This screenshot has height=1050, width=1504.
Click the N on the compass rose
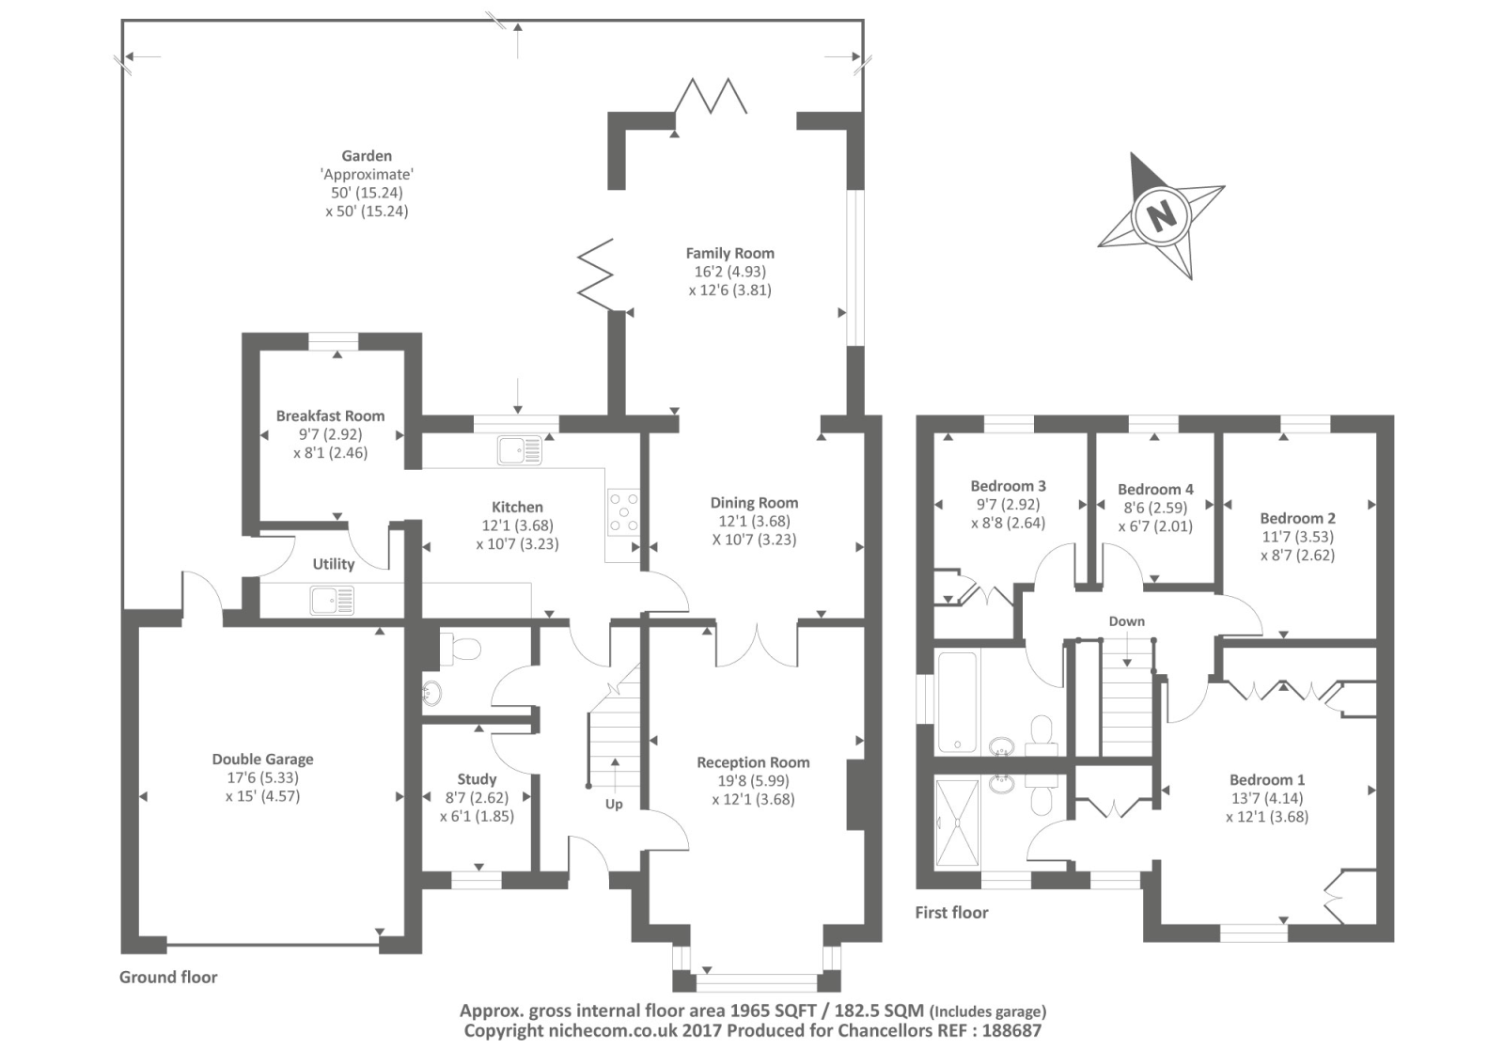coord(1163,216)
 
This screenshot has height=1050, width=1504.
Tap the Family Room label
coord(729,253)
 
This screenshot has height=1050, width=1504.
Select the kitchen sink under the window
coord(519,450)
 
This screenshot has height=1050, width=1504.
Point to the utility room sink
coord(332,600)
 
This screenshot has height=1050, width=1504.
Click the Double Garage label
coord(262,759)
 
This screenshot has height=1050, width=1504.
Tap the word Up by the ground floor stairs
coord(614,804)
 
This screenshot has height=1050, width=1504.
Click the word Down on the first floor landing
coord(1126,621)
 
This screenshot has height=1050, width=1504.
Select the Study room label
coord(477,779)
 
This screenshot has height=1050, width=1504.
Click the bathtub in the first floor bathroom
coord(957,702)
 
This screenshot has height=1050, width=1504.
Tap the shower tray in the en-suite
coord(957,822)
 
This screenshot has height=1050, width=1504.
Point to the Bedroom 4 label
coord(1155,489)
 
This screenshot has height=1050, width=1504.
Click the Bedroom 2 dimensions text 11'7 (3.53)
coord(1297,537)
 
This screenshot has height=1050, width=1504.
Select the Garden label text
coord(367,156)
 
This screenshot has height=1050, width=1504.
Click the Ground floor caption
coord(168,977)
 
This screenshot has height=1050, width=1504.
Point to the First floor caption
coord(951,912)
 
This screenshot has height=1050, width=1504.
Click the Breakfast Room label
coord(330,415)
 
